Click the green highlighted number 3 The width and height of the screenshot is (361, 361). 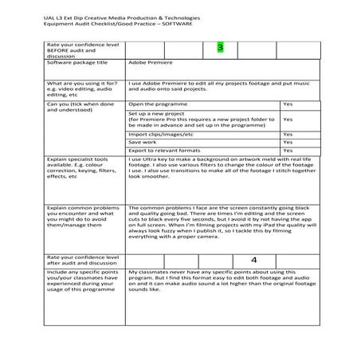tap(221, 49)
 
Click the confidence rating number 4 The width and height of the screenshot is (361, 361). tap(253, 260)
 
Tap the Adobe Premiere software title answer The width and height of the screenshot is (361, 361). tap(150, 62)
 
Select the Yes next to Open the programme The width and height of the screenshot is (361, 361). tap(288, 104)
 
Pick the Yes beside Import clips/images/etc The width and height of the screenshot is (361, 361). tap(288, 135)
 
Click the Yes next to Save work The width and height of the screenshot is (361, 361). tap(288, 143)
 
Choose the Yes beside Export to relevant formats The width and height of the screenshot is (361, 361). tap(288, 151)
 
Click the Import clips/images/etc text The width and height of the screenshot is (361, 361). tap(160, 135)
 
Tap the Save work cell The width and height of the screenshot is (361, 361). tap(144, 143)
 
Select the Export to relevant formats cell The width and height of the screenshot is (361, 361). tap(164, 151)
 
